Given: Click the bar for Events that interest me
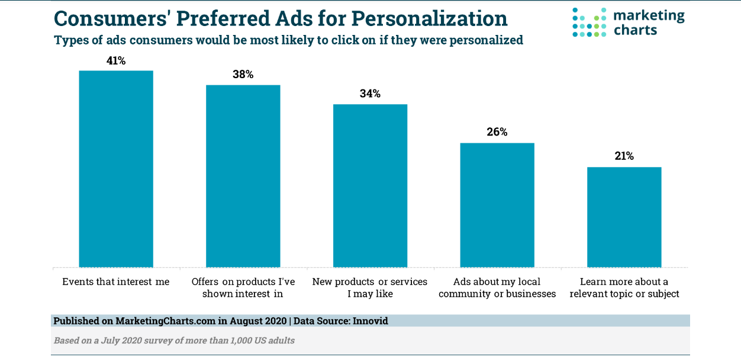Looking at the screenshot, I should tap(116, 169).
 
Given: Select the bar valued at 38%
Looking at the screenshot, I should tap(243, 176).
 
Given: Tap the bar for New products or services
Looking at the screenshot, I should tap(370, 185).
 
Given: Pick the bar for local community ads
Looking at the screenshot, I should tap(497, 205).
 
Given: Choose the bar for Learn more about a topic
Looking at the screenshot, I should tap(624, 217).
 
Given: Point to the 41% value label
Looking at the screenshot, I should tap(116, 60).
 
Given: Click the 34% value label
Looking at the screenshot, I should tap(370, 94).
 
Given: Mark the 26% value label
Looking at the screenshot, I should tap(497, 132).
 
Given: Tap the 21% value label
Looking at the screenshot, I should tap(624, 156).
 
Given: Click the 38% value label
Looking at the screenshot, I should tap(243, 75).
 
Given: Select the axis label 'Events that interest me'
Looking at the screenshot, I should tap(116, 282).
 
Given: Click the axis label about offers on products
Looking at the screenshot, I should tap(243, 287).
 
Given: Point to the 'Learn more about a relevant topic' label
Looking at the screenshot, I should tap(624, 287).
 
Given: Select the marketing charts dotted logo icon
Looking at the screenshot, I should tap(589, 22).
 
